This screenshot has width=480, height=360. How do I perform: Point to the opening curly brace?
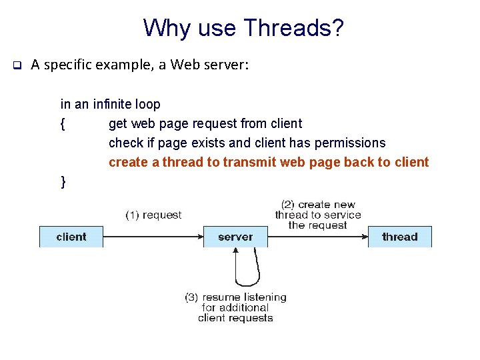click(63, 124)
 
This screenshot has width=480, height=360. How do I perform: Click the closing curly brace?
click(63, 181)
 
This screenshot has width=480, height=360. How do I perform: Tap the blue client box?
click(71, 237)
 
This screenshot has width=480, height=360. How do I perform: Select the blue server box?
click(235, 237)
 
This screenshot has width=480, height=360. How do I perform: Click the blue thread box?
click(400, 237)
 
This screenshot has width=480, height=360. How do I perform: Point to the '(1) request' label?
click(153, 215)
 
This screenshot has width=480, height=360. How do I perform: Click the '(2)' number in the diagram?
click(288, 205)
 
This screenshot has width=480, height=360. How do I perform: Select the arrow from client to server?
click(153, 237)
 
